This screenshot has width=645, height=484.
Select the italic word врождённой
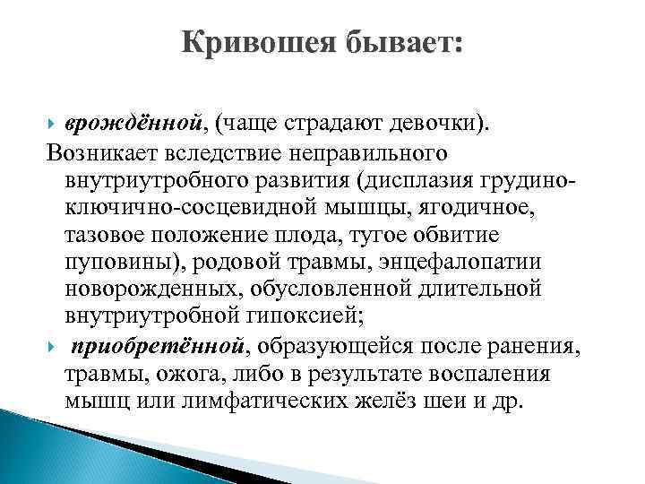point(137,122)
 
